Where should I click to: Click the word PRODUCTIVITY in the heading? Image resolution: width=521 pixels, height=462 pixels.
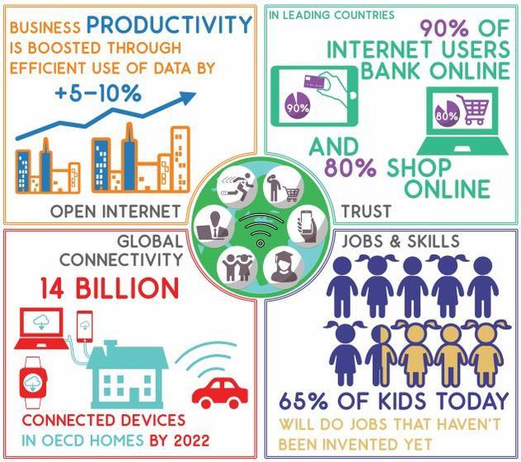[x=170, y=24]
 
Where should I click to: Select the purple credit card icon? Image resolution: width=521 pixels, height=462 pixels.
[x=313, y=81]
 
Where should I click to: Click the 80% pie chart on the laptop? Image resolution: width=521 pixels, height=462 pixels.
[x=447, y=113]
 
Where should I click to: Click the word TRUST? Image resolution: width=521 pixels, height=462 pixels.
[x=366, y=212]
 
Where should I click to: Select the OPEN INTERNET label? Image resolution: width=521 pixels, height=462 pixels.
[x=115, y=211]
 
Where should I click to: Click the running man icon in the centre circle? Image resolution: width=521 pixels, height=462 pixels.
[x=237, y=186]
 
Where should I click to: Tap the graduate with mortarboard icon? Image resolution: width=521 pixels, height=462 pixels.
[x=284, y=264]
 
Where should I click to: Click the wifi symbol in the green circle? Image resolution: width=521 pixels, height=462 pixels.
[x=260, y=229]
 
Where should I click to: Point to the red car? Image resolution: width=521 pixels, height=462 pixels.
[x=220, y=393]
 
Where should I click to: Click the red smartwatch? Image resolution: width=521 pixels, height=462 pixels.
[x=33, y=383]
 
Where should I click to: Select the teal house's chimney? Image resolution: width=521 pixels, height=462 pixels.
[x=108, y=345]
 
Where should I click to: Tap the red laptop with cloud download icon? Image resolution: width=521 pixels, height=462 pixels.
[x=41, y=328]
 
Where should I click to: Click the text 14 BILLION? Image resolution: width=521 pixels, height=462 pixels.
[x=110, y=288]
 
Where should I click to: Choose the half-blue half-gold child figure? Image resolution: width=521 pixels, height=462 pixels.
[x=380, y=355]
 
